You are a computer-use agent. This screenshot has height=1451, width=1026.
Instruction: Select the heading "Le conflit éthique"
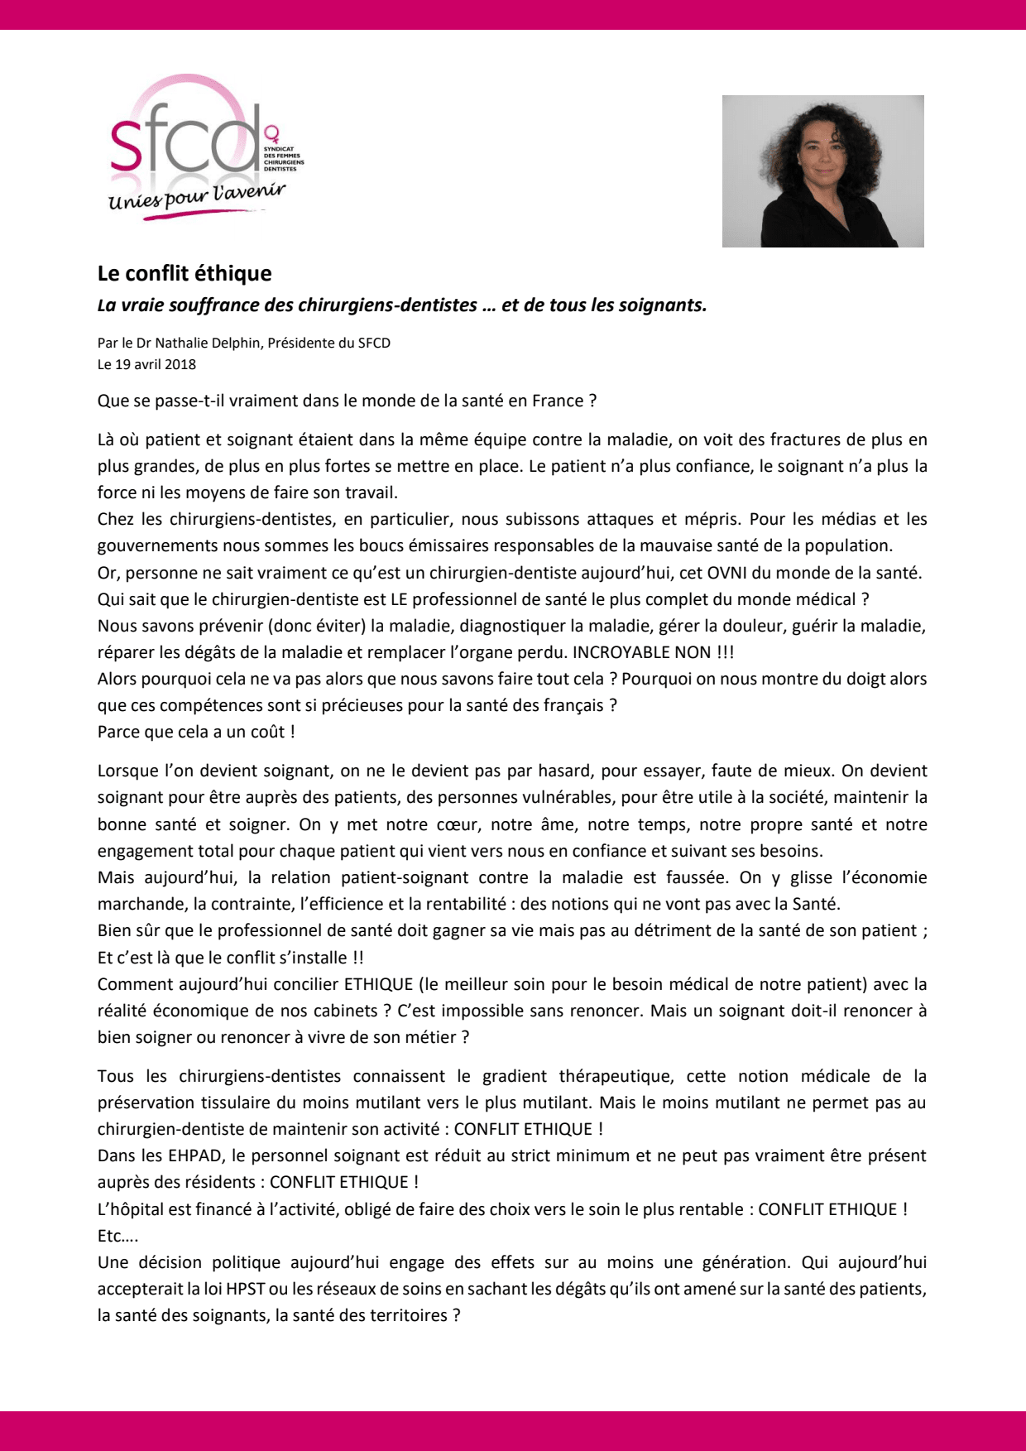pyautogui.click(x=185, y=273)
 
